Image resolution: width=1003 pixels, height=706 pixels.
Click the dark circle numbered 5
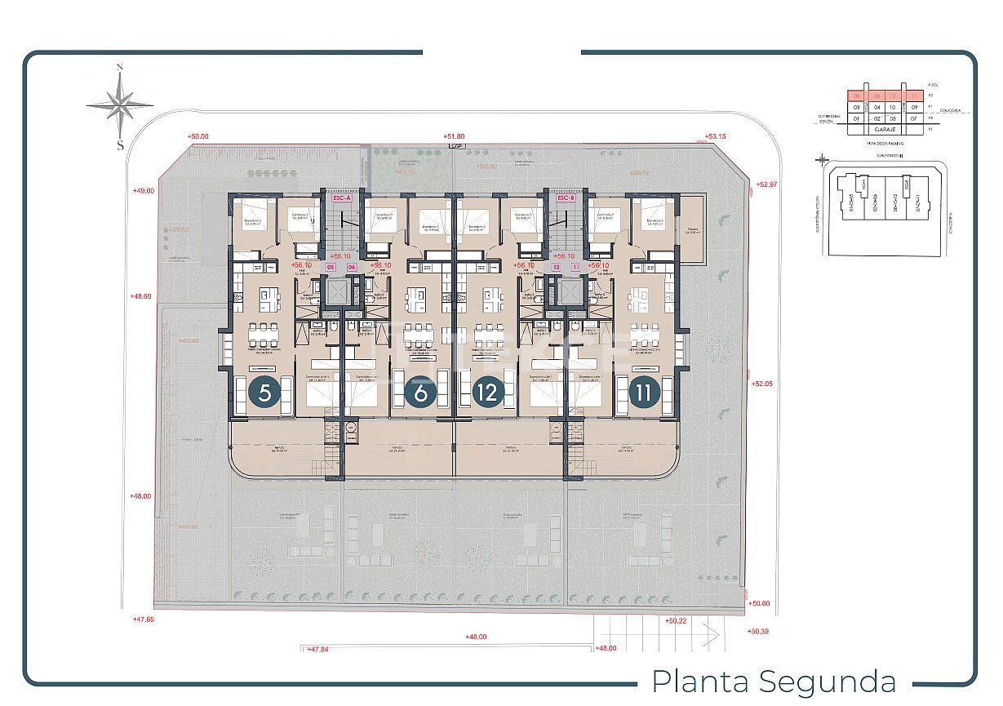click(x=264, y=393)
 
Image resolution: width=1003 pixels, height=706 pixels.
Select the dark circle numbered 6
click(x=420, y=393)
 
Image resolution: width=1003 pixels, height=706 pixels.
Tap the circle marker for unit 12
click(x=488, y=393)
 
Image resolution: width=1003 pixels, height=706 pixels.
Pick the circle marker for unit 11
click(x=644, y=393)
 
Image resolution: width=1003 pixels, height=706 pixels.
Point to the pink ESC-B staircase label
click(x=566, y=198)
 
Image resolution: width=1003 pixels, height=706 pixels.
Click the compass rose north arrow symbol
click(x=120, y=104)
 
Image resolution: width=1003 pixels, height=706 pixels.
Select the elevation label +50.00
click(x=197, y=137)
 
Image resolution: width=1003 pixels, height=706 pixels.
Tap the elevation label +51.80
click(x=454, y=136)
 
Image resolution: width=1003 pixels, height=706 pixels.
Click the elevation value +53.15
click(x=716, y=136)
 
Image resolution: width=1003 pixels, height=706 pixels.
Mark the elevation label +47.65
click(x=143, y=619)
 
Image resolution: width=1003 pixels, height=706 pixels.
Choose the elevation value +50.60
click(x=759, y=603)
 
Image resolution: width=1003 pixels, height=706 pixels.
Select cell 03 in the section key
click(x=856, y=107)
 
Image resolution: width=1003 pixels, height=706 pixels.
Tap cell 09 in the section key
click(x=915, y=107)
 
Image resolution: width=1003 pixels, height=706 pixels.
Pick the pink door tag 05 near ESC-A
click(x=331, y=267)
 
